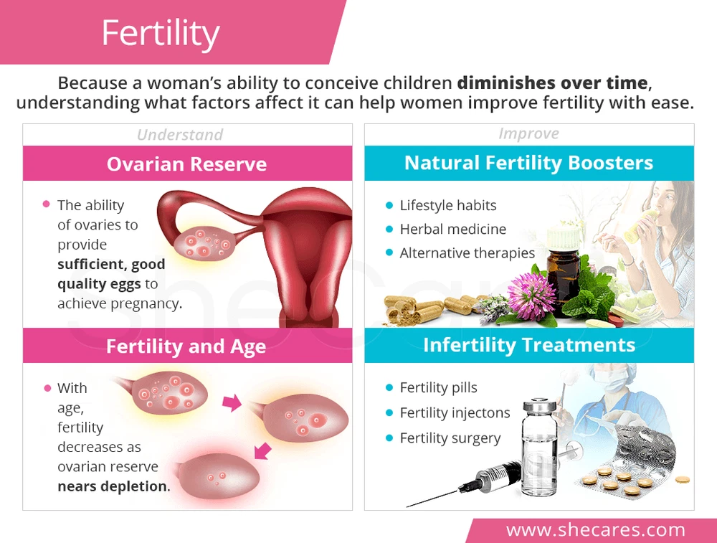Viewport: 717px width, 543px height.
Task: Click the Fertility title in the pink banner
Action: [x=161, y=33]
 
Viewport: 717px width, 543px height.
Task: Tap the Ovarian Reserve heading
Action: [x=186, y=164]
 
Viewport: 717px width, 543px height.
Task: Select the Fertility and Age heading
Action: [x=186, y=346]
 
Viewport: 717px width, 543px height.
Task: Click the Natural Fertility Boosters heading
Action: [x=528, y=163]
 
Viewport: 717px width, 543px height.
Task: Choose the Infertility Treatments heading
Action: [x=529, y=345]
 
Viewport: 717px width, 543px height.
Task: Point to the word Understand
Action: [x=180, y=134]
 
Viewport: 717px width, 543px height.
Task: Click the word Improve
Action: [x=528, y=133]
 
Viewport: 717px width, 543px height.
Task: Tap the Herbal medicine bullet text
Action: [x=452, y=229]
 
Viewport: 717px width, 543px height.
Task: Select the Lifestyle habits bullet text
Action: [x=447, y=205]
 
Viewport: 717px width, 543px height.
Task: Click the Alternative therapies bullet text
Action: [x=467, y=253]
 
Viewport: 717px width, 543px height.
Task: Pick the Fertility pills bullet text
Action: [x=438, y=387]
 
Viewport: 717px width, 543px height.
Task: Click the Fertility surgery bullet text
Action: [x=450, y=438]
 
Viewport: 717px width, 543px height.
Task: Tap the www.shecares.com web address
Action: [x=595, y=530]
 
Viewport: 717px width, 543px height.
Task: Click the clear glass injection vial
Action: [x=540, y=446]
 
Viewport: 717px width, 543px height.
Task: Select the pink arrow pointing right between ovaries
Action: [x=232, y=402]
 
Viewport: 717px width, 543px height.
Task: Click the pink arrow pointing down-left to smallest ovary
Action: [x=262, y=450]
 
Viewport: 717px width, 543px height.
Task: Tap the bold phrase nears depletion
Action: [x=113, y=486]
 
